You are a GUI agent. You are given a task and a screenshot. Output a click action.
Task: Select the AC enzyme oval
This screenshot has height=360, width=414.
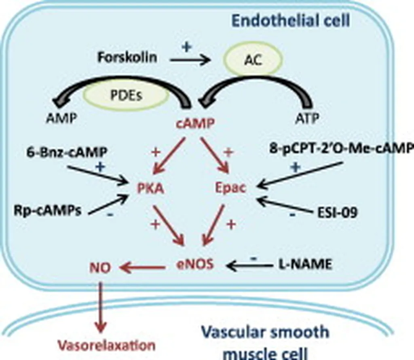[253, 61]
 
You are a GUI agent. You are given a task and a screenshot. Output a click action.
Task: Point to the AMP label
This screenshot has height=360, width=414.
[61, 119]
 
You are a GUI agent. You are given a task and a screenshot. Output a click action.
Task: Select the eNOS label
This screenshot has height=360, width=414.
[195, 265]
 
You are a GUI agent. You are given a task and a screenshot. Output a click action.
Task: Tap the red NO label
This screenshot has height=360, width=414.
[100, 267]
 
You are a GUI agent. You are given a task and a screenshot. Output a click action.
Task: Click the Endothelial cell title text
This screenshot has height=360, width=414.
[289, 21]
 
